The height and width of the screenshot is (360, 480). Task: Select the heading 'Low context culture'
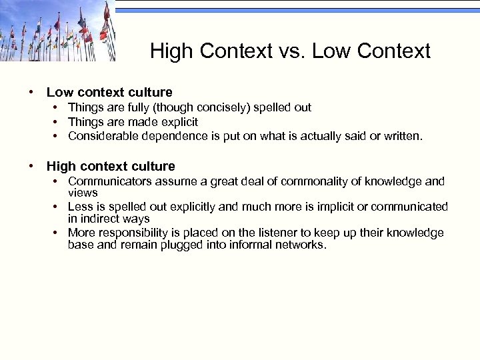[x=109, y=92]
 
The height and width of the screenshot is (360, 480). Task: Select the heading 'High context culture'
[x=111, y=166]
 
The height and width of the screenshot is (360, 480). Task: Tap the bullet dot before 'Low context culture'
[x=31, y=92]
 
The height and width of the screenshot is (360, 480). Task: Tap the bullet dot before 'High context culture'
[x=31, y=166]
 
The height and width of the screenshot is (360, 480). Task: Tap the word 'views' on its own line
[x=83, y=193]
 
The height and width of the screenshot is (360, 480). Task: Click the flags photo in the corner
[x=57, y=31]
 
